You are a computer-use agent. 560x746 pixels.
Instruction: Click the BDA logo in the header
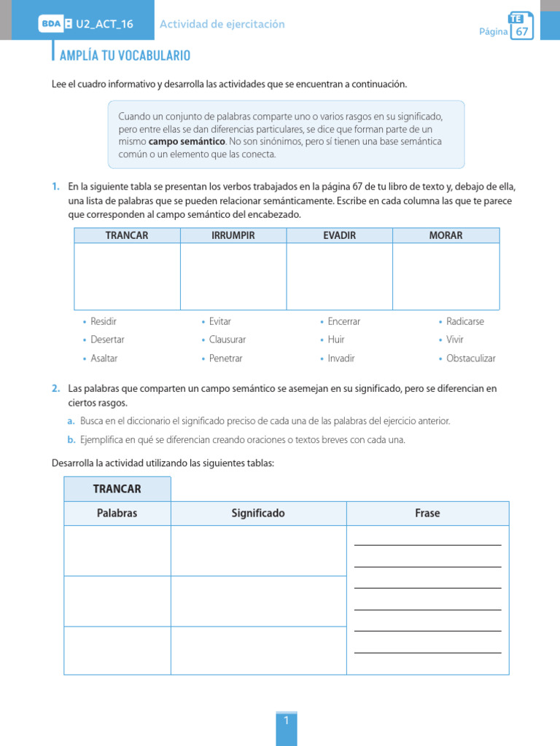point(51,24)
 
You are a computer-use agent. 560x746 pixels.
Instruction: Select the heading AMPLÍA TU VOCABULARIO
point(125,55)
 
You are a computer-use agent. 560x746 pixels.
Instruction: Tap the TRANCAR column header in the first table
point(127,235)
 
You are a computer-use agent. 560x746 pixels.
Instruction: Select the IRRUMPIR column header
point(233,235)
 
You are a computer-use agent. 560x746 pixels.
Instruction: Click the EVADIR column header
point(339,235)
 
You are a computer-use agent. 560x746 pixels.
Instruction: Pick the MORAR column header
point(446,235)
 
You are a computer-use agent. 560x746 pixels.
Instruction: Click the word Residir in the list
point(104,321)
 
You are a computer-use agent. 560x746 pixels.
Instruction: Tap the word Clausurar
point(227,339)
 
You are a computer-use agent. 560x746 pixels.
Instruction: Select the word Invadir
point(341,358)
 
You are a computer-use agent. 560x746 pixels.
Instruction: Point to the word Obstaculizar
point(470,358)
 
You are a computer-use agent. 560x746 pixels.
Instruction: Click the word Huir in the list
point(336,339)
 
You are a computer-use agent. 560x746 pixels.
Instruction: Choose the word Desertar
point(107,339)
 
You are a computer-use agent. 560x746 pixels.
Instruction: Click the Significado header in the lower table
point(258,514)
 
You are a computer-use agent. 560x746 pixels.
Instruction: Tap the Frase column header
point(427,514)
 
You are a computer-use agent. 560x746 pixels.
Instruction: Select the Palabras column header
point(117,514)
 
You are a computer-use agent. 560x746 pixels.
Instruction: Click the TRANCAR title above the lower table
point(117,489)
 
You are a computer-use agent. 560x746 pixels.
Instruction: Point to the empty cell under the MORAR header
point(446,276)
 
